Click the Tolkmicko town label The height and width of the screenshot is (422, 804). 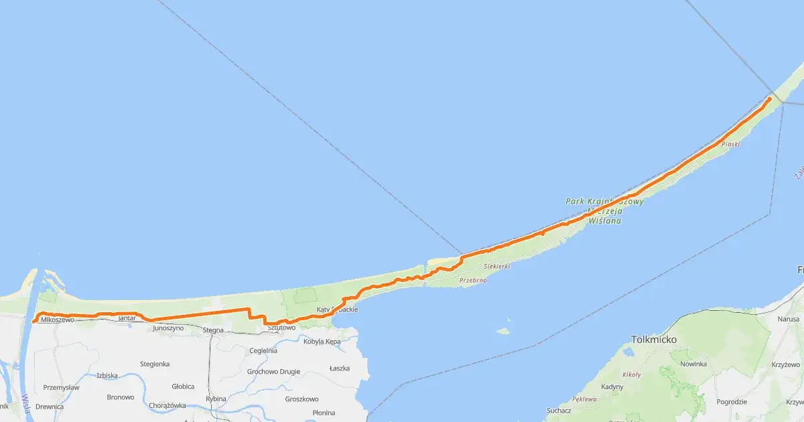point(654,340)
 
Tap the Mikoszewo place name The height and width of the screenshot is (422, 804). point(57,320)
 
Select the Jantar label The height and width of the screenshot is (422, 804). point(127,318)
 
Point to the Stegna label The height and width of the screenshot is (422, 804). point(213,330)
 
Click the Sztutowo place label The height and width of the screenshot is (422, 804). point(281,328)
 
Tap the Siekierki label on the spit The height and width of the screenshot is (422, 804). point(496,266)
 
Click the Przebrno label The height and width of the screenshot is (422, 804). point(473,281)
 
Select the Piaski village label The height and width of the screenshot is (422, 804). point(731,144)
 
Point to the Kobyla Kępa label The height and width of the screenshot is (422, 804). point(322,342)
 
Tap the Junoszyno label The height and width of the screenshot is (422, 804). point(168,329)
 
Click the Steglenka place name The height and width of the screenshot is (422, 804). point(155,364)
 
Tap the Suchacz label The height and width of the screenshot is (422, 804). point(559,410)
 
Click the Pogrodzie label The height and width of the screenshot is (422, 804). point(732,402)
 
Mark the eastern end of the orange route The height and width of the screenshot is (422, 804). point(769,99)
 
